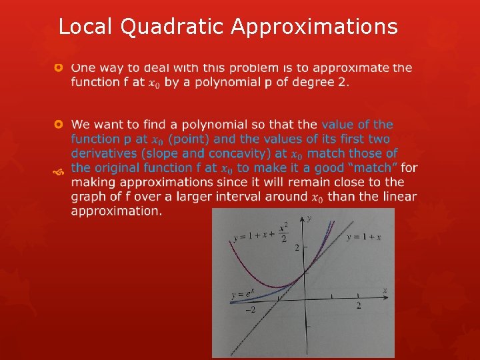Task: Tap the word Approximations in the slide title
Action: coord(315,27)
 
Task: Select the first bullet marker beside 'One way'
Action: coord(59,68)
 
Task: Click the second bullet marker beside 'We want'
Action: coord(59,125)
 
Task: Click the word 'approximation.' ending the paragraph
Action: coord(117,211)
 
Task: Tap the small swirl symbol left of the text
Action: coord(59,173)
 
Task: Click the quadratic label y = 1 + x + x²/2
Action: coord(261,235)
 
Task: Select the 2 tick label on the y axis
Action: coord(297,247)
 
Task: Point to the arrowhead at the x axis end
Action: coord(387,294)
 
